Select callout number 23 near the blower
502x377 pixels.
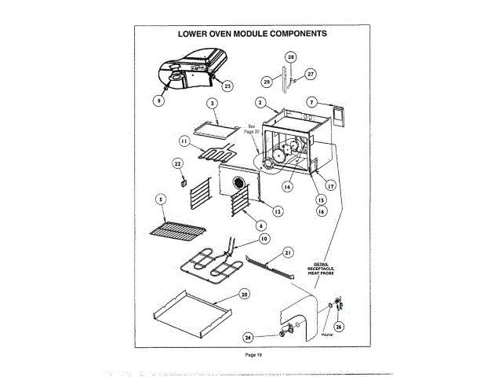pyautogui.click(x=227, y=85)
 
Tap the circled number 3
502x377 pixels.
pyautogui.click(x=211, y=103)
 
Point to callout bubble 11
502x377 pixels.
pyautogui.click(x=183, y=141)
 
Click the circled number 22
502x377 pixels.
pyautogui.click(x=177, y=163)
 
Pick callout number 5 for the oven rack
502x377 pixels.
pyautogui.click(x=160, y=200)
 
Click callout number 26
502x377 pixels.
pyautogui.click(x=339, y=326)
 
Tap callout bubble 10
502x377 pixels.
pyautogui.click(x=264, y=238)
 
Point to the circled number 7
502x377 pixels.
pyautogui.click(x=311, y=102)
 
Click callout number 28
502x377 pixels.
pyautogui.click(x=290, y=57)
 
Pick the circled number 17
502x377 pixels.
pyautogui.click(x=331, y=186)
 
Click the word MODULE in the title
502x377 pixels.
pyautogui.click(x=255, y=34)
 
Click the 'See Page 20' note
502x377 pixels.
pyautogui.click(x=252, y=129)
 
